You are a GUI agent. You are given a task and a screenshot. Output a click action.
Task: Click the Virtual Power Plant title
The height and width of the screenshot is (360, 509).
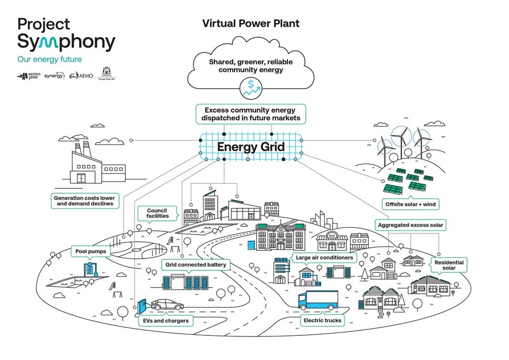tap(251, 24)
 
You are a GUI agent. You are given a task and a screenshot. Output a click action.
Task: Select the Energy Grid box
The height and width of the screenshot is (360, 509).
tap(251, 147)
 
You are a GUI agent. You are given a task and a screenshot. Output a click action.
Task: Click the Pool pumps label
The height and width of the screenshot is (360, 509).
tap(89, 251)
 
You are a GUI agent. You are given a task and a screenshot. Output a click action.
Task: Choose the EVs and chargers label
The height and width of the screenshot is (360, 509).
tap(166, 320)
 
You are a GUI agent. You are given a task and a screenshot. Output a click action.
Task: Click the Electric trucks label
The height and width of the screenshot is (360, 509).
tap(322, 320)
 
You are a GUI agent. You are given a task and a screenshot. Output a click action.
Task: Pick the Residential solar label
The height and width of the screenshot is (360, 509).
tap(449, 264)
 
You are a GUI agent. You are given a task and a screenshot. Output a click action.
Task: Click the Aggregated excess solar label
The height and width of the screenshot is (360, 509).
tap(410, 225)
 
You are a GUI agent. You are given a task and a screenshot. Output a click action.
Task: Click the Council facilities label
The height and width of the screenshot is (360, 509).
tap(157, 213)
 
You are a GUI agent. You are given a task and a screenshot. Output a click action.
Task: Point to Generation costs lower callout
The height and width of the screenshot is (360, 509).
tap(84, 200)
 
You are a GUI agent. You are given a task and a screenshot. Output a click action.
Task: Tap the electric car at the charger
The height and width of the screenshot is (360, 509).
tap(167, 305)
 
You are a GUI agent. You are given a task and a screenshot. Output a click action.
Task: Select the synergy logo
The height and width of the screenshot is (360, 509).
tap(54, 76)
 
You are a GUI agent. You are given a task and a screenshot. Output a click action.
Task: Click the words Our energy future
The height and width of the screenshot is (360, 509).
tap(49, 60)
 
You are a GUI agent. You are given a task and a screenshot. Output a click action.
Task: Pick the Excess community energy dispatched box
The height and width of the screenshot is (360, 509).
tap(251, 114)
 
